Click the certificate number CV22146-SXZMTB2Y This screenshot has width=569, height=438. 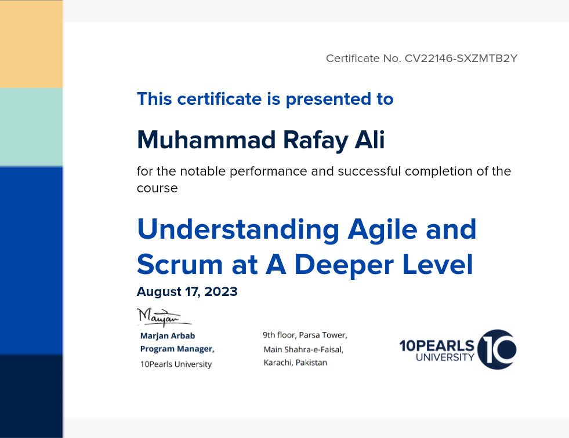461,59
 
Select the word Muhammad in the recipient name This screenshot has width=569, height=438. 206,140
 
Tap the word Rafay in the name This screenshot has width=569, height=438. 316,141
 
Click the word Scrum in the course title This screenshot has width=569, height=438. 180,264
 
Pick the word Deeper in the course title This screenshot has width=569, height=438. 344,265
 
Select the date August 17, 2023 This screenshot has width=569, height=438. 187,291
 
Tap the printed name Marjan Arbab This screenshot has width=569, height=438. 168,336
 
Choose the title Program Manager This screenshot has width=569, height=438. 177,349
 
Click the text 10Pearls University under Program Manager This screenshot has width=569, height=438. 176,364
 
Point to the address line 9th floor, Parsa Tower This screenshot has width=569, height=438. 305,335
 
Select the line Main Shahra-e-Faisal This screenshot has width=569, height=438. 303,349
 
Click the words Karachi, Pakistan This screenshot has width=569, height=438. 295,363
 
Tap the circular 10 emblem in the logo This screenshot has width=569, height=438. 496,349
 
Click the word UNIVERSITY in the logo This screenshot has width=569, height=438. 445,357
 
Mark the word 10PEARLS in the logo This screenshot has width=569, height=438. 437,345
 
